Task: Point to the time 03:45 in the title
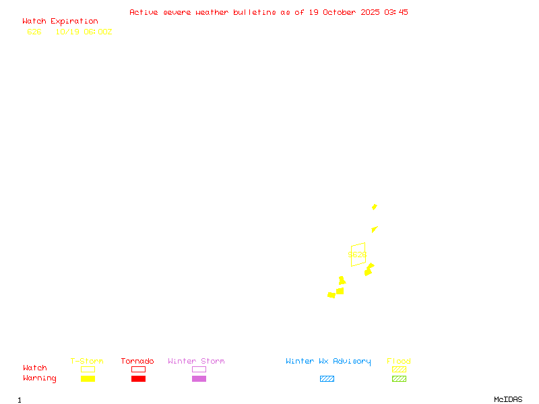coord(396,12)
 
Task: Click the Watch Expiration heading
coord(60,22)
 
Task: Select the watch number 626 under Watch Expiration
coord(34,32)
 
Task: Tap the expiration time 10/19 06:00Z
coord(84,32)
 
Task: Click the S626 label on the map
coord(357,255)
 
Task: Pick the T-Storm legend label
coord(87,362)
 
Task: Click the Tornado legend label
coord(137,362)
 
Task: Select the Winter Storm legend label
coord(196,362)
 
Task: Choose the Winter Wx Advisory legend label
coord(328,362)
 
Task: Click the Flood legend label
coord(399,362)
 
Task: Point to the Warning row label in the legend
coord(40,378)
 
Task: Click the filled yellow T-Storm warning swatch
coord(88,379)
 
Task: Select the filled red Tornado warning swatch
coord(138,379)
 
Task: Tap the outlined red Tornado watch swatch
coord(138,369)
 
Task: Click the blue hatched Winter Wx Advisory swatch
coord(327,379)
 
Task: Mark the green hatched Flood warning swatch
coord(399,379)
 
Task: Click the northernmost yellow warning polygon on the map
coord(375,207)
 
